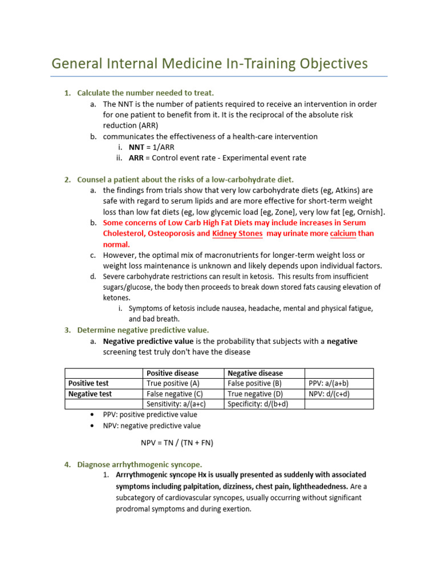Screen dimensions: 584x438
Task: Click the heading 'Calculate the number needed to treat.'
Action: click(145, 93)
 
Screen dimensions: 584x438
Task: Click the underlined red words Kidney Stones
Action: click(237, 234)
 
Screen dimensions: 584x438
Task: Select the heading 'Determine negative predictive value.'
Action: click(143, 330)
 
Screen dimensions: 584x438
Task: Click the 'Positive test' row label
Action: click(88, 383)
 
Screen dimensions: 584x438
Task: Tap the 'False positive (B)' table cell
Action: click(254, 383)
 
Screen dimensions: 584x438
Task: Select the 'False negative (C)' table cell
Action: click(175, 394)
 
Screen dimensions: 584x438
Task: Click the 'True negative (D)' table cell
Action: click(255, 394)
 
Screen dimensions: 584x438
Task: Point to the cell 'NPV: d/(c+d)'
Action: click(328, 394)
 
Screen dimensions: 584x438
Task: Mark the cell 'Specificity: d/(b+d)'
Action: click(258, 404)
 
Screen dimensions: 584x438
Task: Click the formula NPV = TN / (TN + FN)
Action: click(177, 443)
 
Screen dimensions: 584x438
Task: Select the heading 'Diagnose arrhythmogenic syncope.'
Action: click(140, 465)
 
